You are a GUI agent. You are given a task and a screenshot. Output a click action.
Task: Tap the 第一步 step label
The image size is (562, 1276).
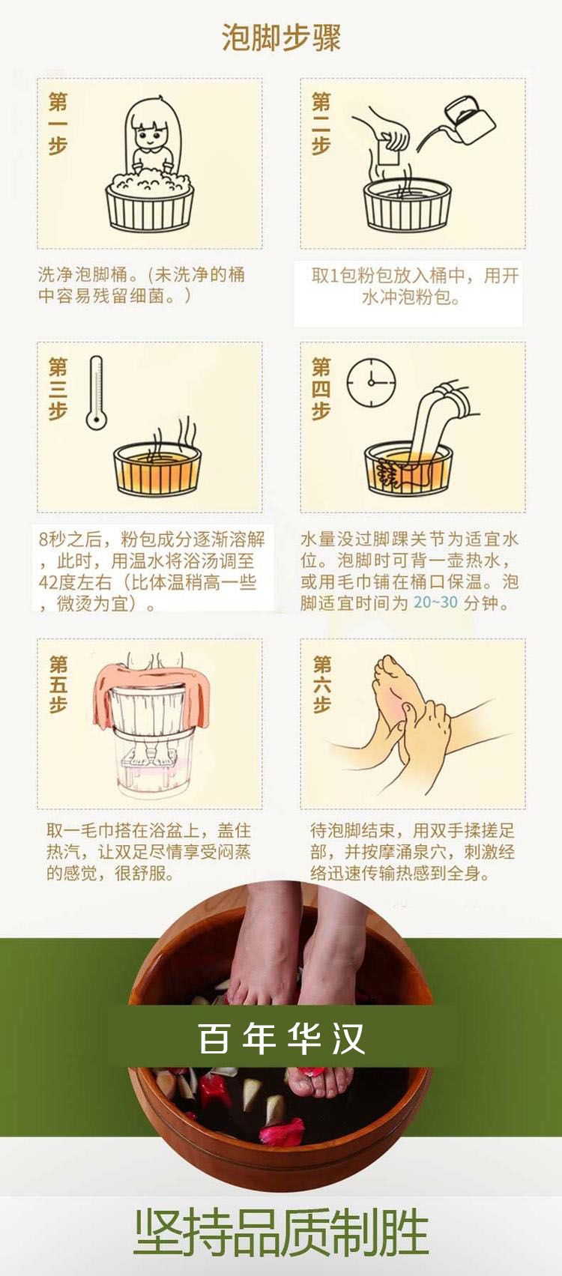tap(58, 124)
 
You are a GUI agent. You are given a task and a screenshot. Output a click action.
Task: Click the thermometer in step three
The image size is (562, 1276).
tap(97, 393)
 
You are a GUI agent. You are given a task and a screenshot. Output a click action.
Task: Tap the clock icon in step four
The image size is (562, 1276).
tap(372, 382)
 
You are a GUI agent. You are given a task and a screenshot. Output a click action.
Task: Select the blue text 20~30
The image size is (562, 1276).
tap(435, 602)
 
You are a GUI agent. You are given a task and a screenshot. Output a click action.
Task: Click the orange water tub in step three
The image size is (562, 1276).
tap(157, 468)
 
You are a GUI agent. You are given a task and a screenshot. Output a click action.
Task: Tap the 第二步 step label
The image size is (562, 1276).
tap(321, 124)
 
